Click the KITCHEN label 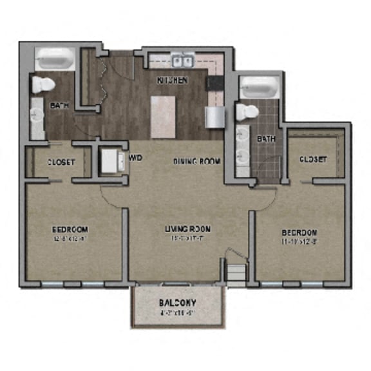coord(172,81)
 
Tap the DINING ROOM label coord(196,161)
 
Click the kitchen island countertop coord(163,117)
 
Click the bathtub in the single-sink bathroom coord(54,61)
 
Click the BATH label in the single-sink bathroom coord(60,105)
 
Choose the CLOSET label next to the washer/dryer coord(61,162)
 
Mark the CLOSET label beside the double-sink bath coord(312,159)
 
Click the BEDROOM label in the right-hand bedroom coord(298,232)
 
